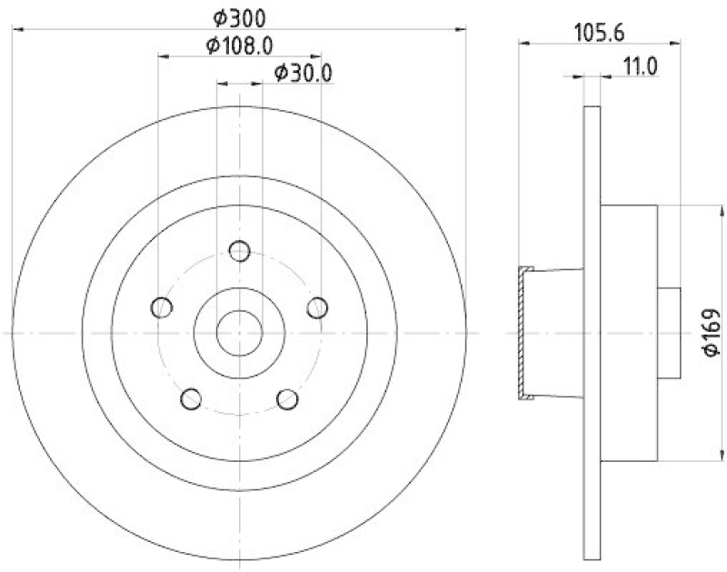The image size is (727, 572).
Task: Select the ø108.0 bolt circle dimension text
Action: [x=240, y=45]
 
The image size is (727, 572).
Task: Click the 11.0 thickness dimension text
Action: [x=640, y=65]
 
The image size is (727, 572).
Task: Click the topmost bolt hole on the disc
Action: [x=239, y=250]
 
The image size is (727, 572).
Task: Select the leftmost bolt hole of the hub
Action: [x=163, y=306]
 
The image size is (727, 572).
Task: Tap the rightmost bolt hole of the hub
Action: [x=316, y=306]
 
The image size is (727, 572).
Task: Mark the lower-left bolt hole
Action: [x=192, y=397]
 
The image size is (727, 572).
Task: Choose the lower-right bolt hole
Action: [x=287, y=397]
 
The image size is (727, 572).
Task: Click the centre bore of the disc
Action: [x=239, y=332]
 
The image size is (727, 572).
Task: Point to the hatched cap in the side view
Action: [x=523, y=333]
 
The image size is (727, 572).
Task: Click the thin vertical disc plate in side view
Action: [x=592, y=333]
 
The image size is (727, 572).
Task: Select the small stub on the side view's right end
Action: [x=669, y=333]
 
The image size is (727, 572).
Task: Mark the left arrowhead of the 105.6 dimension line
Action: [x=523, y=41]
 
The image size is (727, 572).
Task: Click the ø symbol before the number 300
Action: [x=220, y=17]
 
